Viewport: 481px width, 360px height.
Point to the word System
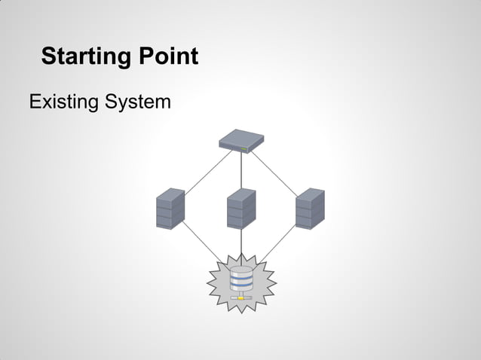[x=137, y=102]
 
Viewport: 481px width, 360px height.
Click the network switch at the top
[x=242, y=140]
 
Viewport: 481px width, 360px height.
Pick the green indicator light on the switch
[x=244, y=148]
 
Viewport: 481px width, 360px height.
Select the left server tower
[x=170, y=209]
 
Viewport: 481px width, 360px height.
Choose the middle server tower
[x=241, y=209]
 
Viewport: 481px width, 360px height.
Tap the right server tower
[x=309, y=209]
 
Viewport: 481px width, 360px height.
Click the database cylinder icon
[x=241, y=281]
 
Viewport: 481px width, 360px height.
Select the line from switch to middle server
[x=241, y=169]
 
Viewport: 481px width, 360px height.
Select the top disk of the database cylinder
[x=241, y=271]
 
